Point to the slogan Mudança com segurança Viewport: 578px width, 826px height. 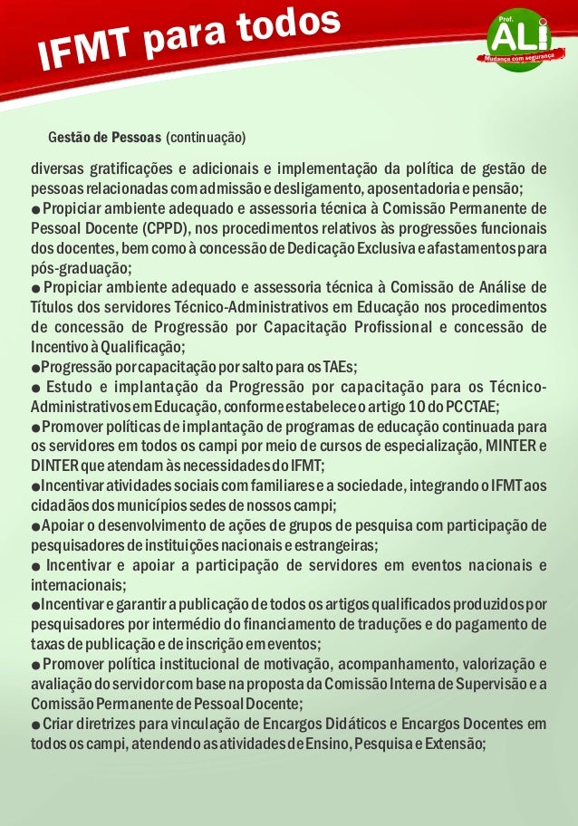[512, 57]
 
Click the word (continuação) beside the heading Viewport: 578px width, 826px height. [207, 139]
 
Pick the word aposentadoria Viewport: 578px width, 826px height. [426, 188]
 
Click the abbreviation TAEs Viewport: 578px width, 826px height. [339, 366]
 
